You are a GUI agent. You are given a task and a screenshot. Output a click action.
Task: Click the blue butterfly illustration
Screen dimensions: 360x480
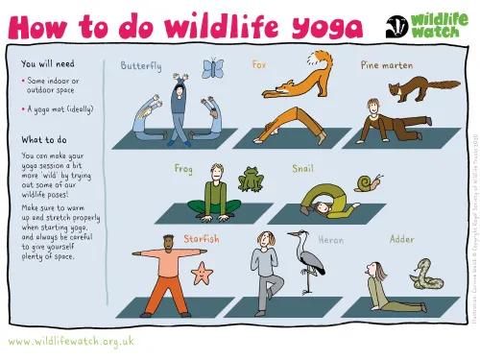pos(213,68)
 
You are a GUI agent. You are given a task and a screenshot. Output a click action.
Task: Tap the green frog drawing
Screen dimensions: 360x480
pos(252,180)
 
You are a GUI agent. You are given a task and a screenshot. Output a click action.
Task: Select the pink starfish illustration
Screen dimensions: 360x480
pos(202,274)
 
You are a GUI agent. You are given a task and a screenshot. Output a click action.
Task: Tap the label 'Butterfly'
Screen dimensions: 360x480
pos(141,66)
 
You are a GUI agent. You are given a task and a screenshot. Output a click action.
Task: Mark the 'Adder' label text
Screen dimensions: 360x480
pos(401,238)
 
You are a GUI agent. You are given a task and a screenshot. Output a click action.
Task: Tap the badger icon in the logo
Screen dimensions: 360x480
pos(397,26)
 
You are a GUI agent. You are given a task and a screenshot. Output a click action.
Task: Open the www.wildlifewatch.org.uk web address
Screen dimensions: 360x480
pos(71,341)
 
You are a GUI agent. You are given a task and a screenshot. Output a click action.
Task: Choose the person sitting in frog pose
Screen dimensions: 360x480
pos(218,192)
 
